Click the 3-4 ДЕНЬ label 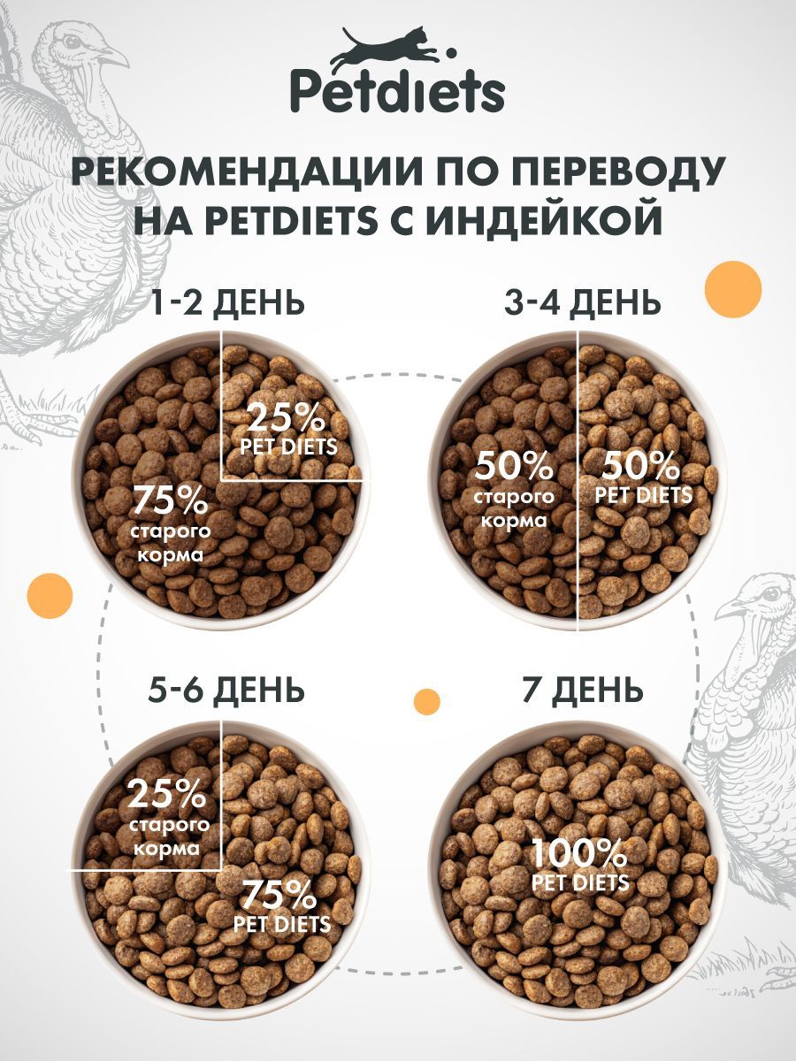click(x=582, y=302)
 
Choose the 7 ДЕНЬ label click(x=582, y=687)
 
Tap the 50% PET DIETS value click(x=643, y=477)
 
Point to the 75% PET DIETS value click(x=280, y=906)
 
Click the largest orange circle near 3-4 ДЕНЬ click(x=732, y=288)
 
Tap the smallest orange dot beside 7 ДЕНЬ click(x=427, y=701)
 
